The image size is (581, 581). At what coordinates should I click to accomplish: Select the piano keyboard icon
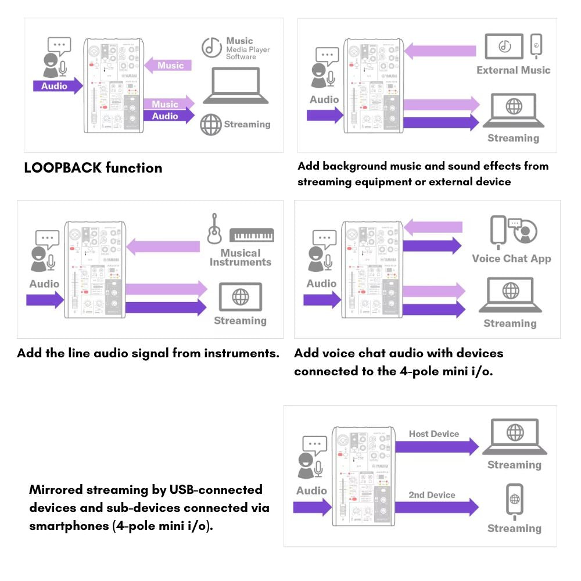(x=252, y=235)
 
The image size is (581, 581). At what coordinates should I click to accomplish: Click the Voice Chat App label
(x=511, y=259)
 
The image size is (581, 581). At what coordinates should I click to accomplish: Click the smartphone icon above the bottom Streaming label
(x=515, y=499)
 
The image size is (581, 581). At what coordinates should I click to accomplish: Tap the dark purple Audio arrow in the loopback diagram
(x=58, y=86)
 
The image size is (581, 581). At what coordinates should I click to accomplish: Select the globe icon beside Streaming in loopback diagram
(x=211, y=124)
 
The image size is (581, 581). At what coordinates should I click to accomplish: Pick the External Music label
(x=513, y=70)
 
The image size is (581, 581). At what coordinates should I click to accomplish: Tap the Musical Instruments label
(x=240, y=257)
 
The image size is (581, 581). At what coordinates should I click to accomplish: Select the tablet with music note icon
(x=504, y=46)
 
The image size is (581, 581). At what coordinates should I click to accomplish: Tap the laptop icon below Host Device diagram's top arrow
(x=515, y=437)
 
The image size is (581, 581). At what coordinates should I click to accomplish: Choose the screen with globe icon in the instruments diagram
(x=240, y=297)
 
